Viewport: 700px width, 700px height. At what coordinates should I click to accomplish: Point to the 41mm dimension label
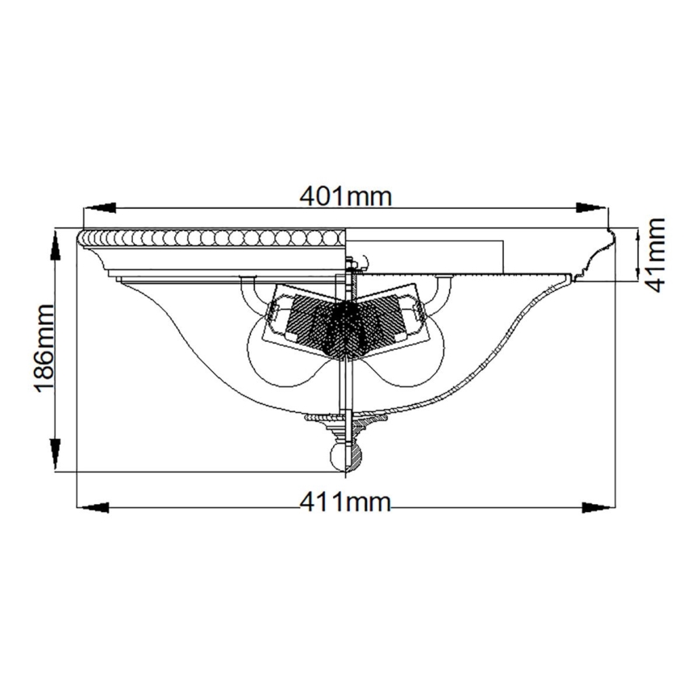(x=655, y=255)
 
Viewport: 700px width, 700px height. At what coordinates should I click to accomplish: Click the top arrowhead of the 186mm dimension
(x=56, y=244)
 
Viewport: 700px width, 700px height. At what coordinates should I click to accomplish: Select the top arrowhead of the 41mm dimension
(x=637, y=239)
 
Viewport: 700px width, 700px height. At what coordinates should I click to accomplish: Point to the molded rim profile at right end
(x=601, y=250)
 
